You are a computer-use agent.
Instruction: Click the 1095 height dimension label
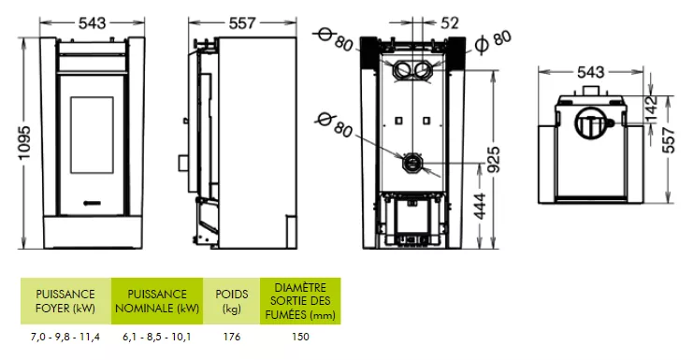(x=24, y=143)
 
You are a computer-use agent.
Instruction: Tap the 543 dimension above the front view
(x=93, y=23)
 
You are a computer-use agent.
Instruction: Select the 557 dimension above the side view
(x=242, y=23)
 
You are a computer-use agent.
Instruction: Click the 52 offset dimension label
(x=450, y=22)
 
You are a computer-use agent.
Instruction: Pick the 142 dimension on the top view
(x=652, y=108)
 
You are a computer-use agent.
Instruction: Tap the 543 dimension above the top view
(x=590, y=72)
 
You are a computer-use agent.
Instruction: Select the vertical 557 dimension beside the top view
(x=669, y=139)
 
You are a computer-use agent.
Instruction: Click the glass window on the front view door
(x=92, y=136)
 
